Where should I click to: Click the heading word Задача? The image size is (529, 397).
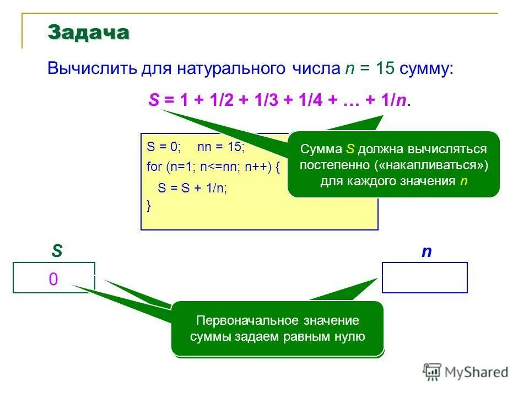(88, 33)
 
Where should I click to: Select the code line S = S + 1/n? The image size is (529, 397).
(192, 187)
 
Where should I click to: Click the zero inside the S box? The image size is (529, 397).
(53, 279)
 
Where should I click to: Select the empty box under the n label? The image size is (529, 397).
(425, 277)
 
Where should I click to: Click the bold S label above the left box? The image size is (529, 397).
(57, 251)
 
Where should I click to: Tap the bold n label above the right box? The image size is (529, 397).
(426, 252)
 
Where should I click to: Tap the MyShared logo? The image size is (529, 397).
(466, 372)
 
